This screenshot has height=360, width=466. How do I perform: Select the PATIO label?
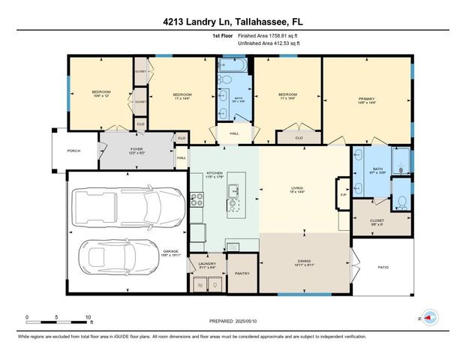(x=382, y=266)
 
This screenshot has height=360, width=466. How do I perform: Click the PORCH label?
(x=74, y=151)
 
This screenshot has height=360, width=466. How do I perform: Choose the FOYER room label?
(x=137, y=148)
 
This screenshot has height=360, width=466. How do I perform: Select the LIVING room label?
(x=302, y=188)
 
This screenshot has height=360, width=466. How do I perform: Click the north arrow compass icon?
(x=428, y=318)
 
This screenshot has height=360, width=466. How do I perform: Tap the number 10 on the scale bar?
(x=89, y=317)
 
